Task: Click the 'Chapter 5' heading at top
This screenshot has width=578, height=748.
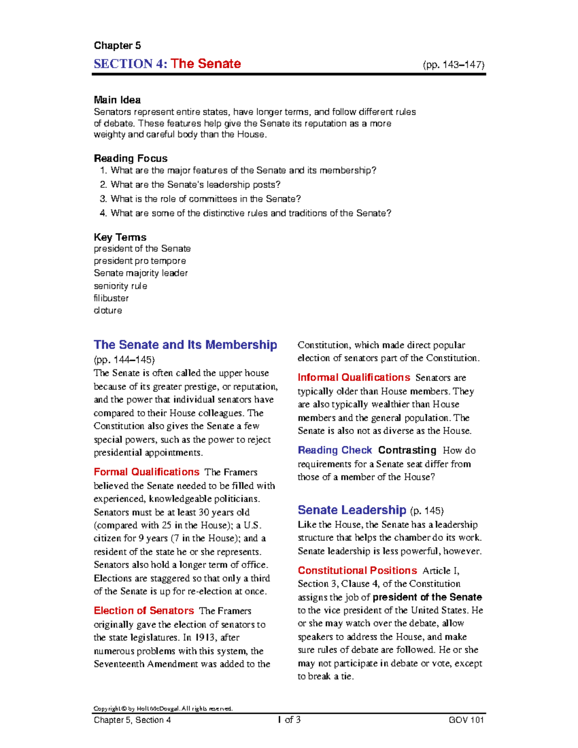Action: point(117,46)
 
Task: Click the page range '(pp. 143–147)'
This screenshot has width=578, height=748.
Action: point(453,65)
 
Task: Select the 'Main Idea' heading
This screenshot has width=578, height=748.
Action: point(117,100)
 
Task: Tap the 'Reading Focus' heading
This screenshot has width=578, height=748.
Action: point(131,158)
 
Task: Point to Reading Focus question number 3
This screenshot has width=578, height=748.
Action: point(200,199)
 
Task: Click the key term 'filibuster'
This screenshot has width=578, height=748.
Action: point(111,298)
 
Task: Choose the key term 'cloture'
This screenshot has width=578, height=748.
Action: point(108,311)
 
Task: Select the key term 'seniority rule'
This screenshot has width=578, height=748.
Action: point(120,286)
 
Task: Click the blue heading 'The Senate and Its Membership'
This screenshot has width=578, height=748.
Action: point(185,345)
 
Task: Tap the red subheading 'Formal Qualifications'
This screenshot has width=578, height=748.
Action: point(146,472)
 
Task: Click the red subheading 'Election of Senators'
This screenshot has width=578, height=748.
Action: point(144,611)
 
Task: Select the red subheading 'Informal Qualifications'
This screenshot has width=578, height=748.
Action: point(354,378)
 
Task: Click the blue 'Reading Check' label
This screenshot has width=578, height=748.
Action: point(335,450)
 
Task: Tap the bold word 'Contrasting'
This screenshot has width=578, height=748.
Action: point(407,450)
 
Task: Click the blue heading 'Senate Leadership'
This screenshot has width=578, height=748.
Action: point(352,510)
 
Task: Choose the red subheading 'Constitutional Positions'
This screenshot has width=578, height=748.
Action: point(357,571)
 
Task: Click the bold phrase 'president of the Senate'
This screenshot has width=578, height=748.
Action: point(427,597)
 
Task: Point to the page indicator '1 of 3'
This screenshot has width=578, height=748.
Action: point(289,720)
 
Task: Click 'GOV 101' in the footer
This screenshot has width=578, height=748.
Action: point(466,720)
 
